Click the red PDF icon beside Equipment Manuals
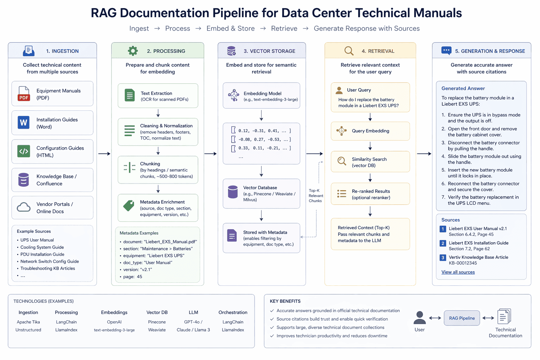click(x=24, y=94)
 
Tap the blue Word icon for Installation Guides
click(x=24, y=123)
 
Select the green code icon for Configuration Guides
click(x=24, y=152)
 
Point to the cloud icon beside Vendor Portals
click(x=24, y=207)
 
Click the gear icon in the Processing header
click(x=133, y=51)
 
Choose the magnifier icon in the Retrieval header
click(x=349, y=51)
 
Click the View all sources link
click(x=458, y=272)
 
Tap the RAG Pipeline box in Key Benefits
click(x=462, y=318)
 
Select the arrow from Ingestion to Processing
click(x=104, y=154)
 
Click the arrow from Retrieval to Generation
click(x=424, y=154)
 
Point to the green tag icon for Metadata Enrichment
click(x=129, y=206)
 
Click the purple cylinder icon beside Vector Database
click(x=233, y=192)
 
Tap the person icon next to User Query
click(x=339, y=90)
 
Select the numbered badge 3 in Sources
click(x=443, y=258)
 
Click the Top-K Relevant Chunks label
click(x=315, y=196)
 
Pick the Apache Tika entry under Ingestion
click(x=28, y=322)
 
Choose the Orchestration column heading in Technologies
click(x=233, y=313)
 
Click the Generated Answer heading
click(x=463, y=89)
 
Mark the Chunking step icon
click(x=129, y=168)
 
